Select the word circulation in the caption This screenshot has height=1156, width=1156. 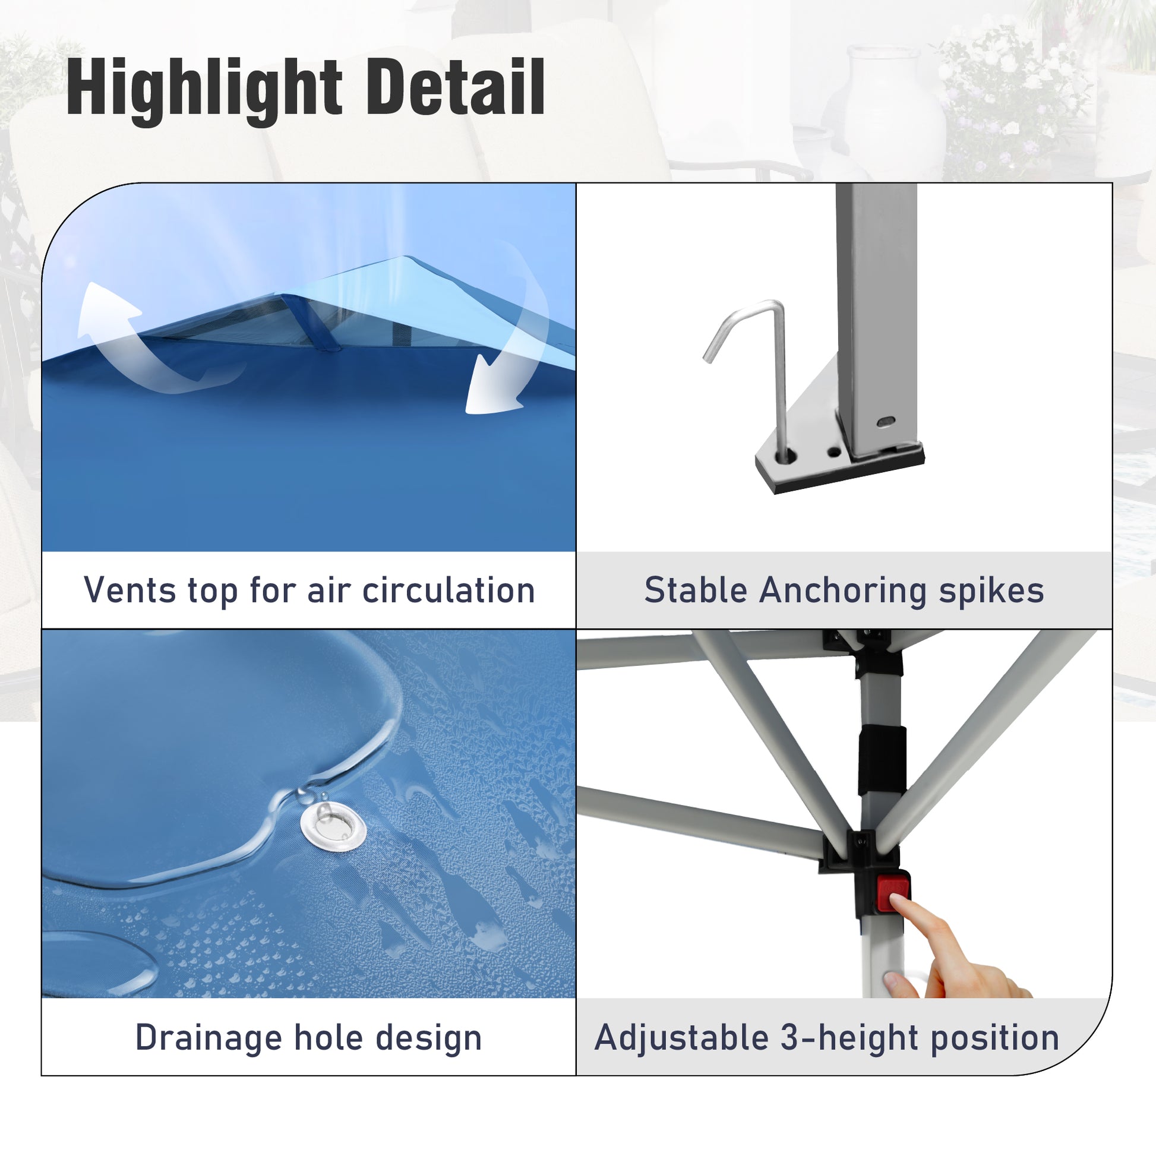pos(448,590)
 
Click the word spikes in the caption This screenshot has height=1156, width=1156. pos(991,591)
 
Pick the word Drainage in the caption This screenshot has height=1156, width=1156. pos(209,1038)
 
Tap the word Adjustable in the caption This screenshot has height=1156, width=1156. pos(681,1038)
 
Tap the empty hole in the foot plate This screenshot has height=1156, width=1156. pos(833,450)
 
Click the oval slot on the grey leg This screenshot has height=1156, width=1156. pos(886,422)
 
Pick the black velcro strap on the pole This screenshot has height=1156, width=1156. pos(882,761)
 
